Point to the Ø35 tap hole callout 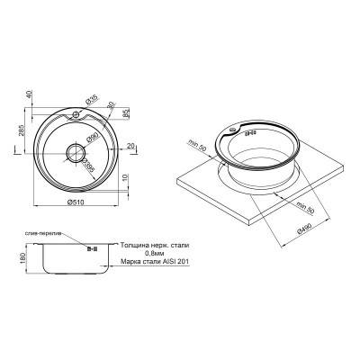93,99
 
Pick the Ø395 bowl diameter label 90,166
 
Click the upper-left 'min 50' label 199,144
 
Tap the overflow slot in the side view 91,247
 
